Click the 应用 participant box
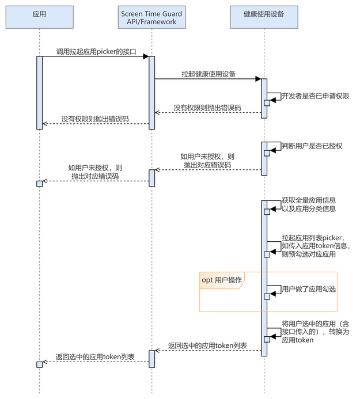(x=40, y=18)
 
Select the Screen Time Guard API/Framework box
(x=152, y=18)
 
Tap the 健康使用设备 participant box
(x=264, y=18)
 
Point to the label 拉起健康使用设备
(x=208, y=74)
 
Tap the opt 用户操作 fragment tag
(x=221, y=280)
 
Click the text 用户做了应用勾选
(x=309, y=288)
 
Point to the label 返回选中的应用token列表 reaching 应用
(x=95, y=357)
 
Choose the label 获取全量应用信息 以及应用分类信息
(x=309, y=204)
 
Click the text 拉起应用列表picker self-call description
(x=316, y=245)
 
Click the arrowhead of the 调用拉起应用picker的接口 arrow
(x=146, y=56)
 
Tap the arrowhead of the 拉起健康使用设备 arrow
(x=258, y=79)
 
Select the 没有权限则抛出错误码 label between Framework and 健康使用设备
(x=207, y=108)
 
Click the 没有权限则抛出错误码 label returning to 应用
(x=95, y=119)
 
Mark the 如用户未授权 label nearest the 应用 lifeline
(x=95, y=172)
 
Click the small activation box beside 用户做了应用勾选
(x=267, y=296)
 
